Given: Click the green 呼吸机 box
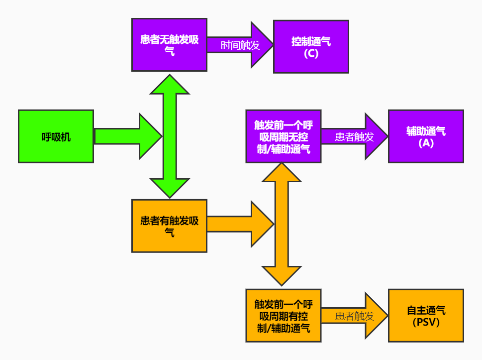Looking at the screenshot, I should pos(56,136).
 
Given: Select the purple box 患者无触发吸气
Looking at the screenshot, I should pos(169,45).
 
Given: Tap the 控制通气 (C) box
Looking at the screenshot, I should pos(311,47).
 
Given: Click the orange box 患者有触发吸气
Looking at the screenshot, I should pos(169,226).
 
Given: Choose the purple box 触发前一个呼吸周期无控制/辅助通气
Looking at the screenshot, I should pos(283,136).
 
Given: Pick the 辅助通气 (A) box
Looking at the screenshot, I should pos(426,136).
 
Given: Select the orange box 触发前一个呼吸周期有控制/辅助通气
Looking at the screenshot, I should pos(283,316).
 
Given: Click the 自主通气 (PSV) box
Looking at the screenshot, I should pos(426,316).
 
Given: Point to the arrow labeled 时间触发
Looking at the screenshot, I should pos(240,45).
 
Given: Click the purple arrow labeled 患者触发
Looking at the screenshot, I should pos(354,136).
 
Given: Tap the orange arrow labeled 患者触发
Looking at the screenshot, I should pos(354,316).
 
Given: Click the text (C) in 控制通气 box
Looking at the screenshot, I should pos(311,53).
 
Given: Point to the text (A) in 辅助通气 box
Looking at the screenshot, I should pos(426,143).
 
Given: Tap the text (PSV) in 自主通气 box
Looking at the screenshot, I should pos(426,322).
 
